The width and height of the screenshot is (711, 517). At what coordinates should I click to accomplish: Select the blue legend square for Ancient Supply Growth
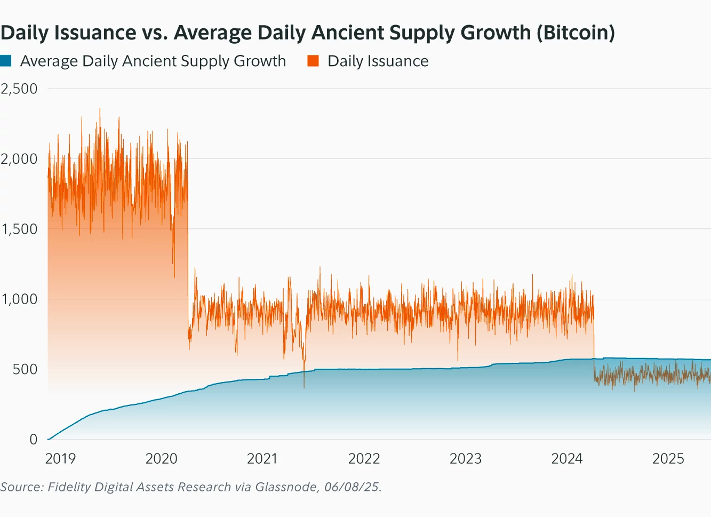pos(6,61)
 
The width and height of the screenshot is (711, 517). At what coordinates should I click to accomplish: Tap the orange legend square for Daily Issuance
pos(313,61)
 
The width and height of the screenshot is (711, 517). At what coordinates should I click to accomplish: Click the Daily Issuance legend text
pos(378,61)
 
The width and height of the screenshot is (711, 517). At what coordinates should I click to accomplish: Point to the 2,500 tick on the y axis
pos(19,89)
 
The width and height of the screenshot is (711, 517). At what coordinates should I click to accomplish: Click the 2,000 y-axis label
pos(19,158)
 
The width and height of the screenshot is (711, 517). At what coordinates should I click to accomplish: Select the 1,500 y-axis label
pos(19,229)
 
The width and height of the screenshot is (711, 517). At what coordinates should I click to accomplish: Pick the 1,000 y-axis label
pos(19,299)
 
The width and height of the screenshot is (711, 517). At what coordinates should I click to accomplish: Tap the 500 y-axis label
pos(25,369)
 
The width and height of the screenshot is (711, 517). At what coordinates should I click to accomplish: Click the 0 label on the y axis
pos(34,439)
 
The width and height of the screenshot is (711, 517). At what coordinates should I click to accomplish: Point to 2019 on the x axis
pos(60,458)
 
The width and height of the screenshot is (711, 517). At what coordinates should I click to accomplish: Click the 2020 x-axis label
pos(161,458)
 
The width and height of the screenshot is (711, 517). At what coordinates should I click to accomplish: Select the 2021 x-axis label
pos(262,458)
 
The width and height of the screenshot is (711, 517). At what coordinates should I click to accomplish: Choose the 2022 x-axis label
pos(364,458)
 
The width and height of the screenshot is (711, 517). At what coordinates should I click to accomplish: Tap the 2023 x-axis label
pos(465,458)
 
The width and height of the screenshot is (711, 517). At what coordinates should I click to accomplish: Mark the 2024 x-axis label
pos(567,458)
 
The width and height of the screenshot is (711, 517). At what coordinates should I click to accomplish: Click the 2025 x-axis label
pos(668,458)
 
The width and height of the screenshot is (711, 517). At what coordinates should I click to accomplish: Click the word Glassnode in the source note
pos(287,487)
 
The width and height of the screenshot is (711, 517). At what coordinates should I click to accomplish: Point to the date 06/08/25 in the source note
pos(351,487)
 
